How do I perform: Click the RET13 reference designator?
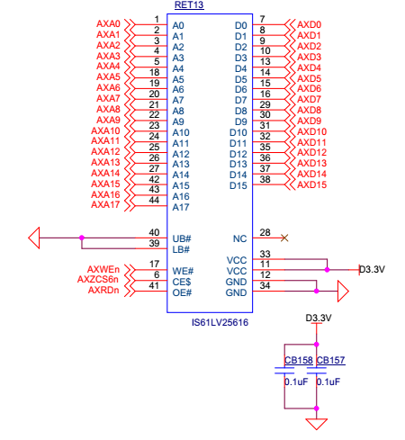(x=189, y=4)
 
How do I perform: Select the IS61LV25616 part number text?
(x=220, y=322)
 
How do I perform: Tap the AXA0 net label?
(x=108, y=23)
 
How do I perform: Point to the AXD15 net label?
(x=311, y=184)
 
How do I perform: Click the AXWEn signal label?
(x=103, y=269)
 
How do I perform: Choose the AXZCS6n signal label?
(x=98, y=279)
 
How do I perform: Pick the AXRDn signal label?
(x=103, y=290)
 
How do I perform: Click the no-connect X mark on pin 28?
(x=284, y=238)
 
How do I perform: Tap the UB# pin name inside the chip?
(x=182, y=238)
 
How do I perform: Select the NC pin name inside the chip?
(x=239, y=238)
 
